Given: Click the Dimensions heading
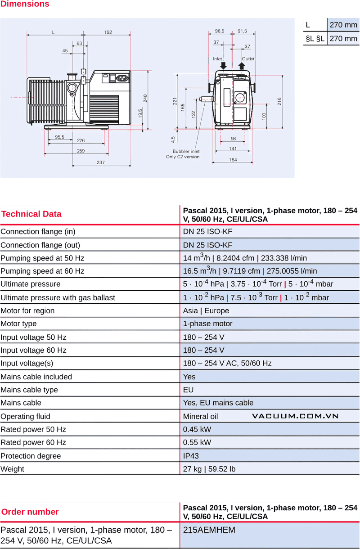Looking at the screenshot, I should point(25,4).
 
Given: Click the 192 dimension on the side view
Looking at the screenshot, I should point(108,32).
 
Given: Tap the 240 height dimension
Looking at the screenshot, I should point(145,98).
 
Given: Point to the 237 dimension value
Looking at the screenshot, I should point(101,162).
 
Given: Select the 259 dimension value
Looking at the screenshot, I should point(81,151).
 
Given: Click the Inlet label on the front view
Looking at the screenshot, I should point(218,59).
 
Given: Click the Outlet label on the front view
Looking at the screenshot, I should point(248,59).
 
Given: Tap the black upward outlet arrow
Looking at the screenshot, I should point(242,66).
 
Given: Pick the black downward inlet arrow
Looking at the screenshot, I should point(224,66).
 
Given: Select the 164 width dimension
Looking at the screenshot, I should point(233,160).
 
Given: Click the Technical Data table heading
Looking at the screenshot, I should point(31,214).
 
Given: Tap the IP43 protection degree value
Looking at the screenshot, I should point(191,456).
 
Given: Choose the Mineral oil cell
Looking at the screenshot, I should point(200,416).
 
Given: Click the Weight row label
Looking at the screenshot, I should point(13,469).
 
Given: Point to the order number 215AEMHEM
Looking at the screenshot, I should point(209,530).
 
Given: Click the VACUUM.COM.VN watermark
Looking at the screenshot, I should point(295,416).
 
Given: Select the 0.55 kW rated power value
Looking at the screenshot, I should point(197,442).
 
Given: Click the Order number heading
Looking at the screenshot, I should point(30,512).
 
